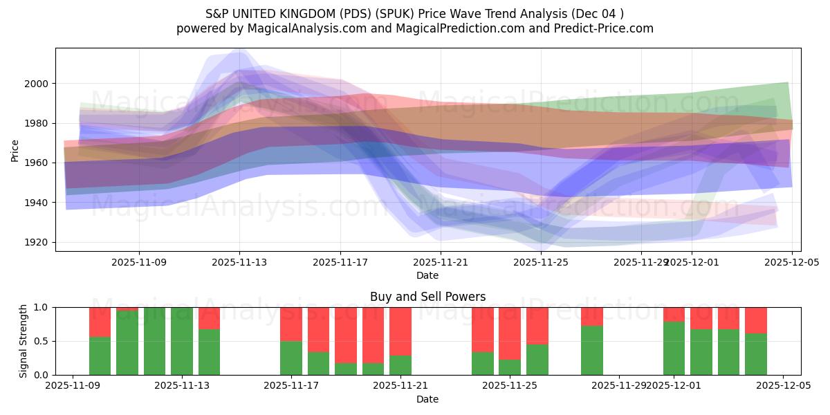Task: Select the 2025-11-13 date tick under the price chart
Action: [239, 263]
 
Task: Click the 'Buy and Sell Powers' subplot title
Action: [427, 297]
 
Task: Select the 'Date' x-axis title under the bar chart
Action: [427, 399]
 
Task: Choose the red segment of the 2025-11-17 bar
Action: [291, 324]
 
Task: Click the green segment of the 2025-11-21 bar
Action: [400, 365]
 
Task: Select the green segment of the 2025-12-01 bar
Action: [674, 348]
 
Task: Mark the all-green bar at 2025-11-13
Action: [182, 341]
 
